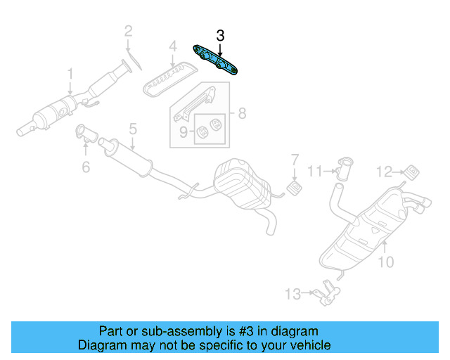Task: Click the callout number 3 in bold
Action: (x=220, y=35)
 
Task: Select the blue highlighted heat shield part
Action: (x=217, y=60)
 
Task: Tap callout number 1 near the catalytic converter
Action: (x=70, y=73)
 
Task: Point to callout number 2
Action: (x=128, y=30)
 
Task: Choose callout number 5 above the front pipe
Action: (x=131, y=129)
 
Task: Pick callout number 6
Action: (x=86, y=167)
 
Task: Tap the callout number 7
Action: (x=295, y=160)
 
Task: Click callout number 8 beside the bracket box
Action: (x=241, y=112)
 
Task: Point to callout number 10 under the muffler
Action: (x=385, y=262)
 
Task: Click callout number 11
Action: (x=316, y=170)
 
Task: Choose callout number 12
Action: (x=382, y=171)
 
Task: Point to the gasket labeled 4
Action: (x=167, y=79)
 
